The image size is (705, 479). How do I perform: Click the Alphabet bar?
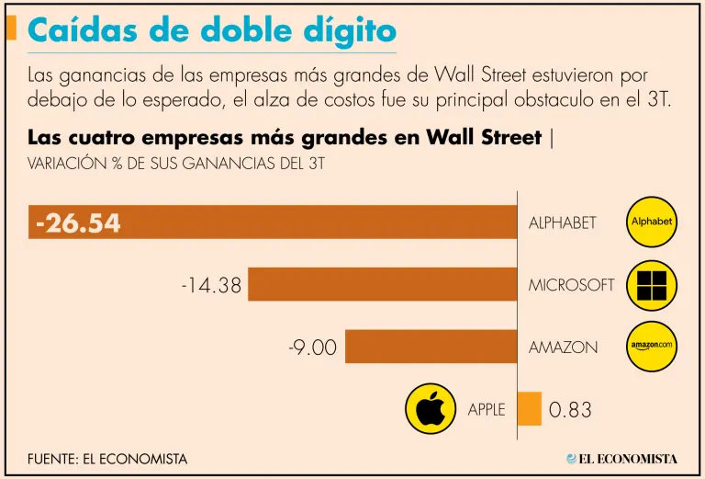pos(312,222)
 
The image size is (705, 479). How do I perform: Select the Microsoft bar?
pos(382,284)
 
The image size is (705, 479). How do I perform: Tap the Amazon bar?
pos(431,347)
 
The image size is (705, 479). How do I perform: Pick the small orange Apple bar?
pos(530,408)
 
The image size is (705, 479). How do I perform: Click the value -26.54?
pos(79,223)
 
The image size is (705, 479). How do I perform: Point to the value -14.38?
pos(211,285)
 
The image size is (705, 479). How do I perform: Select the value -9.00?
pos(312,348)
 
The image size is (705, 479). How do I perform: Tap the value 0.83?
pos(570,410)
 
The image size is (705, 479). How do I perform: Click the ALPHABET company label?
pos(563,222)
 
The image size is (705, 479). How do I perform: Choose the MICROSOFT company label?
pos(571,285)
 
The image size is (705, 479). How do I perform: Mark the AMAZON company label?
pos(563,348)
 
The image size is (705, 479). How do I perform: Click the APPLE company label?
pos(487,410)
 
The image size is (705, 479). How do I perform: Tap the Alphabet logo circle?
pos(652,222)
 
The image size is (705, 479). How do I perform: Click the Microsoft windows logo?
pos(652,284)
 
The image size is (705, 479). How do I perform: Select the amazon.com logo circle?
pos(652,346)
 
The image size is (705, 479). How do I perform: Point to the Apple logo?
pos(431,408)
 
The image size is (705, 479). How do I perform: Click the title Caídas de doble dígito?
pos(212,31)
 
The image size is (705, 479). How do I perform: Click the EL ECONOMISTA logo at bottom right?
pos(621,458)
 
